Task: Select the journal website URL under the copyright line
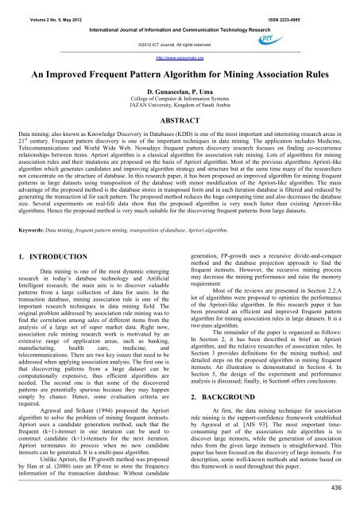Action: coord(180,57)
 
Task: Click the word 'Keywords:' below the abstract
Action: coord(24,227)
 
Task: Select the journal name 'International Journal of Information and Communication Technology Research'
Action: coord(180,19)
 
